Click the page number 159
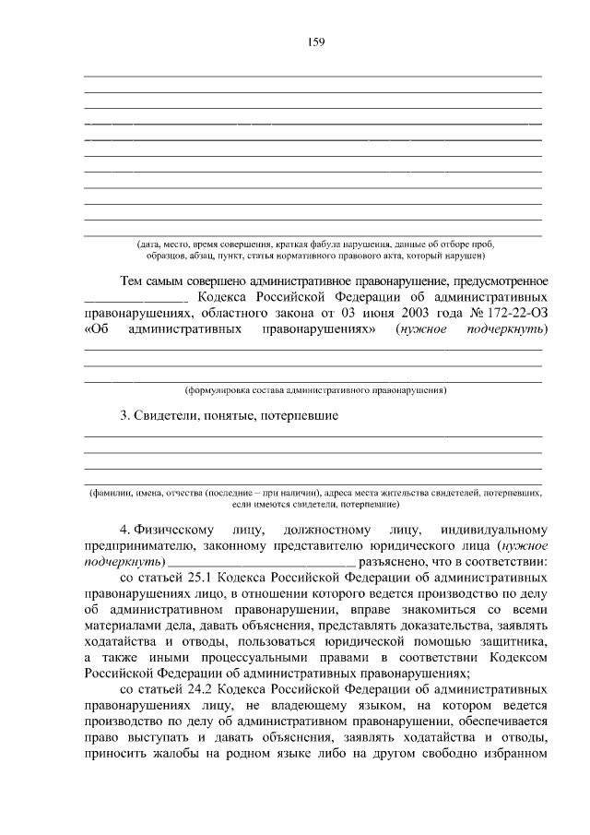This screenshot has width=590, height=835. point(314,42)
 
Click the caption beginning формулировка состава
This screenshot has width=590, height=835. point(314,389)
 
